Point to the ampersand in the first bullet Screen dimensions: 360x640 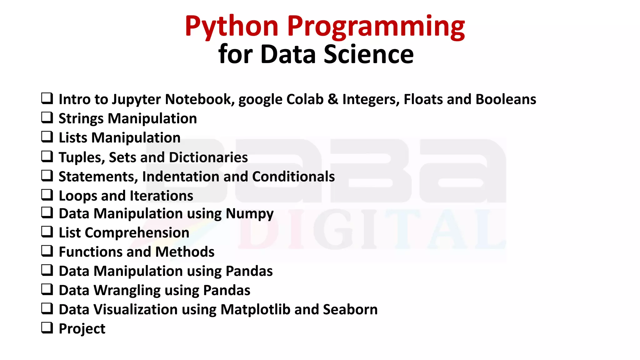[333, 99]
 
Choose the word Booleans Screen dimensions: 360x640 [506, 99]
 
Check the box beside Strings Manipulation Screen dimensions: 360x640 [47, 117]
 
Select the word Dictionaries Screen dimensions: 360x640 [208, 157]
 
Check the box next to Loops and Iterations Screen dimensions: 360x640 [47, 195]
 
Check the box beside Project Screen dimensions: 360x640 [47, 328]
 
